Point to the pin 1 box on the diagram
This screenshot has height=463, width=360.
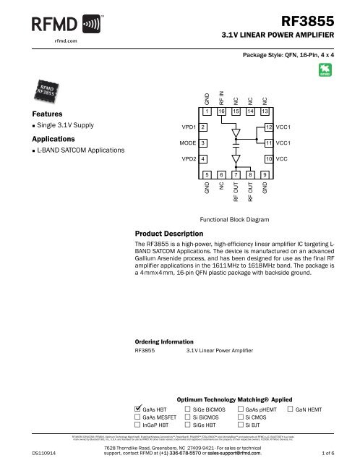(x=207, y=112)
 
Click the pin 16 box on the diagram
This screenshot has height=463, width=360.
(x=221, y=112)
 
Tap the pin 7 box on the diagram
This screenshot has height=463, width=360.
(x=236, y=174)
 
